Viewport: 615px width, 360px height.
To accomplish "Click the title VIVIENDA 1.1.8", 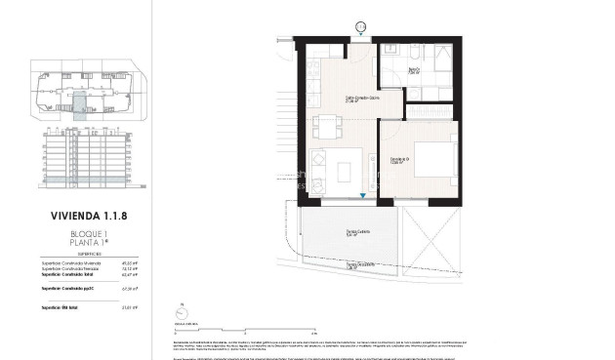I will [89, 219].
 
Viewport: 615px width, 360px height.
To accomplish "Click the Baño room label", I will [414, 69].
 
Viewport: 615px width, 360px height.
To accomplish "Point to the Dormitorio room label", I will [400, 134].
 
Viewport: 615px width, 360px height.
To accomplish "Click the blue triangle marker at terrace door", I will [364, 196].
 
